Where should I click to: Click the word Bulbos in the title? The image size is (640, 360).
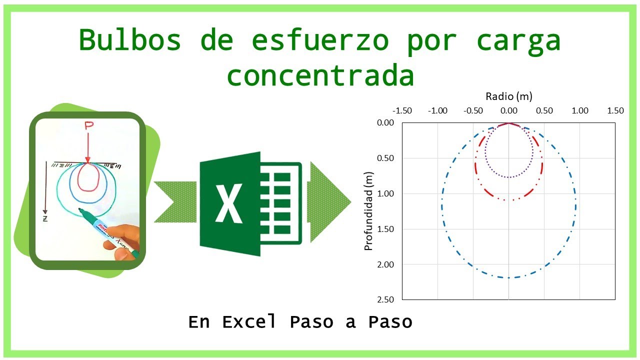(x=129, y=40)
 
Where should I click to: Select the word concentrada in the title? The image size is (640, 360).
(x=320, y=76)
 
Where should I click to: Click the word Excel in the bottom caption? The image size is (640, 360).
(x=249, y=322)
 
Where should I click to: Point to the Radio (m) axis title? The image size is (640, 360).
(x=508, y=96)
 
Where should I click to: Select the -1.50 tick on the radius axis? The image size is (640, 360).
(x=402, y=111)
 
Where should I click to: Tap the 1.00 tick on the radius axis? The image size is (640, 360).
(x=580, y=111)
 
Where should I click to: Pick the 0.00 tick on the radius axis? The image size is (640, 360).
(x=508, y=111)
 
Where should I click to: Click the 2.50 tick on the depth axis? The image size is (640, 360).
(x=385, y=299)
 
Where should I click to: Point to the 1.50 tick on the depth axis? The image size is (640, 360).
(x=385, y=229)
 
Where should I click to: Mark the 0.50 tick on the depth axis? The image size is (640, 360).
(x=385, y=158)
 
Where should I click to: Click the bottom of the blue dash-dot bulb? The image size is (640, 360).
(x=508, y=277)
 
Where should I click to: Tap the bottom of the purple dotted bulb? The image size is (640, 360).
(x=508, y=177)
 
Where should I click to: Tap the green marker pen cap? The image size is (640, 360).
(x=86, y=215)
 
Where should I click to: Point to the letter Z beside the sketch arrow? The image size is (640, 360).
(x=44, y=218)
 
